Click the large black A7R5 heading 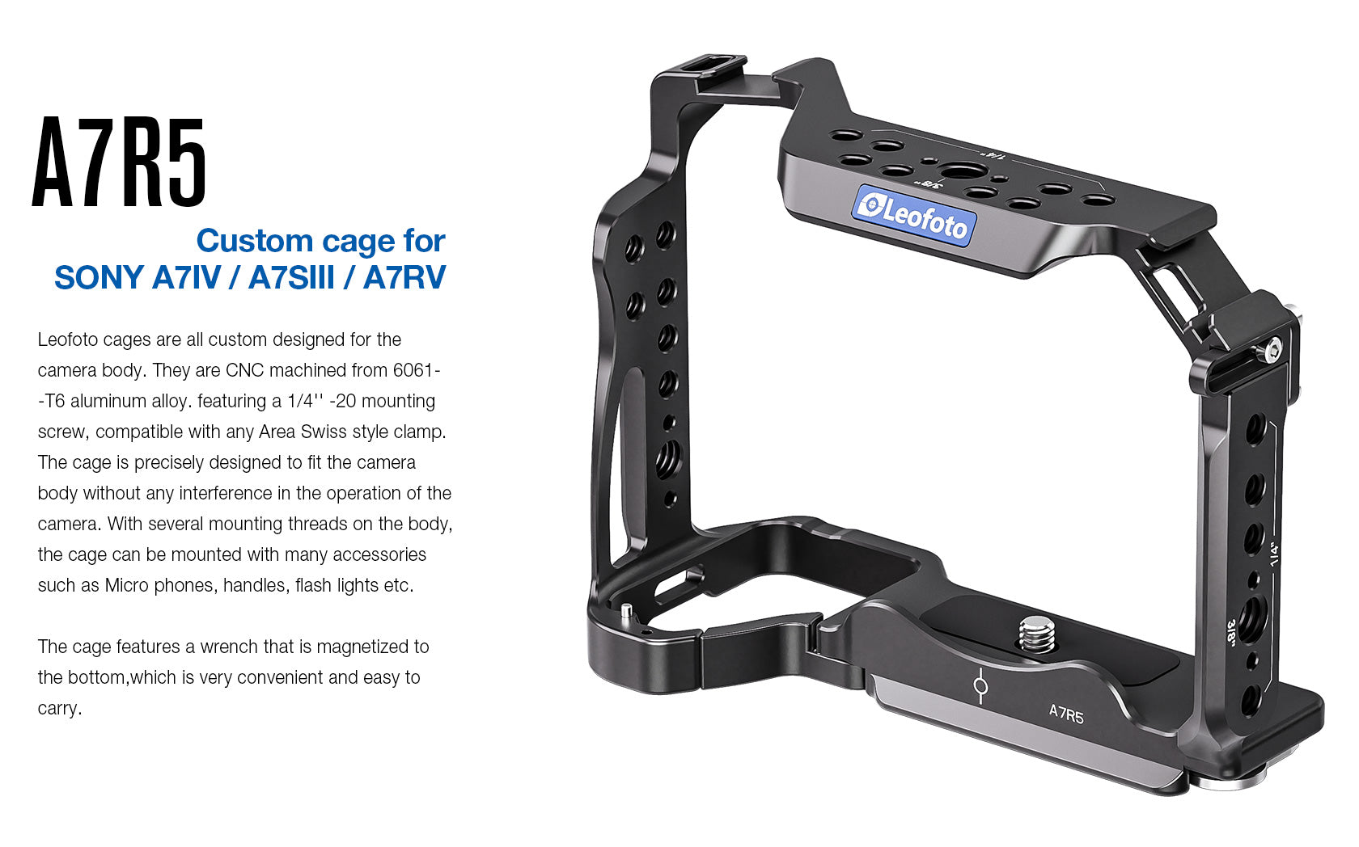(x=120, y=162)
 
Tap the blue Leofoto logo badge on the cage (x=913, y=213)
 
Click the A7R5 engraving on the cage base (x=1066, y=714)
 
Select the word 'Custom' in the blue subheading (x=255, y=241)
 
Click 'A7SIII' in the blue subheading (x=291, y=277)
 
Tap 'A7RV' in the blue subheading (x=404, y=277)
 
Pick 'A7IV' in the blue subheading (x=186, y=277)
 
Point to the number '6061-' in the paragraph (x=417, y=370)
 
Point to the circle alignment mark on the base (x=980, y=687)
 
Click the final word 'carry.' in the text (x=60, y=708)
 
